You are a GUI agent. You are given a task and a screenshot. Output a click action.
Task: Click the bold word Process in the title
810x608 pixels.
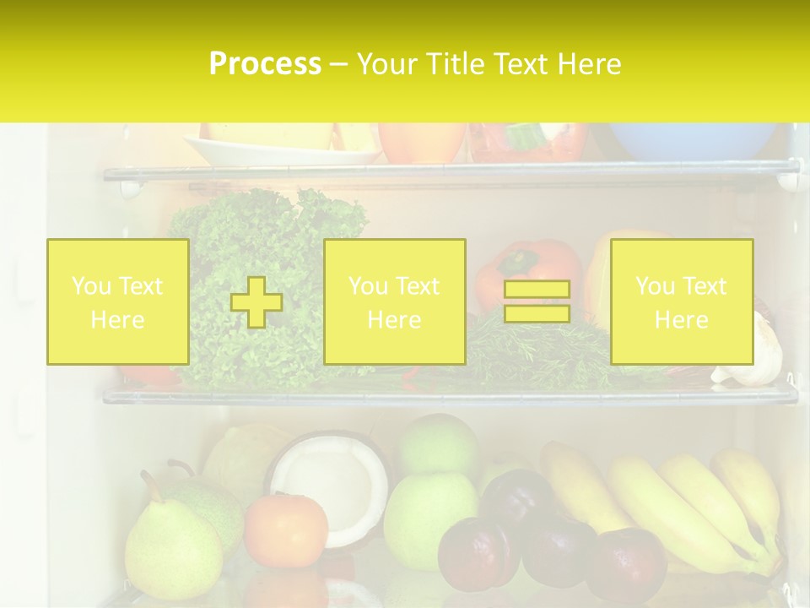coord(265,64)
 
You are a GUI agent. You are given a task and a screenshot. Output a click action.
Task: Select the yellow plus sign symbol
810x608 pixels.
coord(256,301)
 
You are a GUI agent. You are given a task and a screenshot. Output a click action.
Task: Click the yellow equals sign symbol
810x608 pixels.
coord(537,301)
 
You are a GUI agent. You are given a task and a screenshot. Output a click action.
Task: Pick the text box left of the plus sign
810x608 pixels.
coord(117,301)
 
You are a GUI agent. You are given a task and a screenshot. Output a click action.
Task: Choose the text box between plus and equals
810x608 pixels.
coord(394,301)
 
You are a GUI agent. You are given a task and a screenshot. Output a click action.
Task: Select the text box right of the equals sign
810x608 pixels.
coord(681,301)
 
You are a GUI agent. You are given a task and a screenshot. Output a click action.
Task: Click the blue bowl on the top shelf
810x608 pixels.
coord(692,140)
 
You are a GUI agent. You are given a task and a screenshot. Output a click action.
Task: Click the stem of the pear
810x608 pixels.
coord(153,486)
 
